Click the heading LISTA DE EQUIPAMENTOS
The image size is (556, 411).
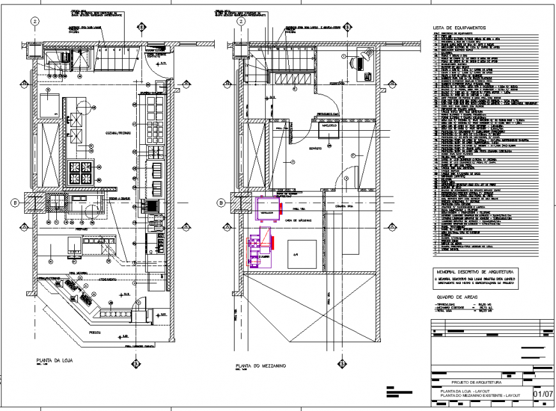[x=459, y=28]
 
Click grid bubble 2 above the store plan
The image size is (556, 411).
[x=35, y=20]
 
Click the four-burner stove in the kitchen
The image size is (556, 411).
[x=80, y=172]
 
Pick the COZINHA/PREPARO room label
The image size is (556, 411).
[x=118, y=133]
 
